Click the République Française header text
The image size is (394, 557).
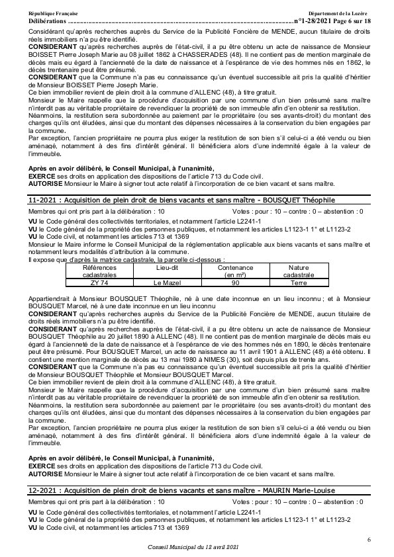(x=53, y=14)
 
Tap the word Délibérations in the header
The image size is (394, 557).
(x=48, y=21)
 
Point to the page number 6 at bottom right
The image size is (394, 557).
(x=369, y=540)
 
